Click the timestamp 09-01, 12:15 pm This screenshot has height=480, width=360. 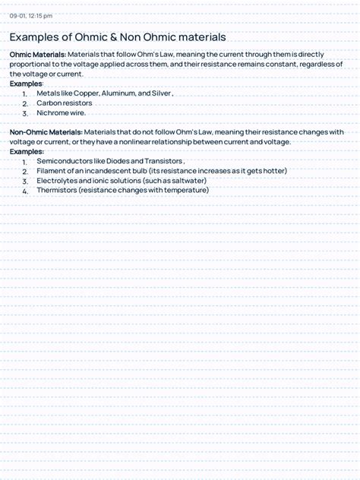[30, 15]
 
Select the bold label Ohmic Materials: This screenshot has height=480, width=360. [37, 55]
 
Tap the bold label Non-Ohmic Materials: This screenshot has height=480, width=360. [46, 131]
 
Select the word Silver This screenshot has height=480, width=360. [160, 93]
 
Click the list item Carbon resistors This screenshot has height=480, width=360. [64, 103]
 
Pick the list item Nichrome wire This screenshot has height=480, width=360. [61, 112]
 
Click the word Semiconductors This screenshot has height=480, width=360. [68, 161]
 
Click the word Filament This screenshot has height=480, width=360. [51, 171]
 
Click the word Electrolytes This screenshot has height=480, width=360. [56, 181]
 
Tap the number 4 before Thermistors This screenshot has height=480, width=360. [25, 191]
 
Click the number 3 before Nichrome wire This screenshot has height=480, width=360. [25, 114]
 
